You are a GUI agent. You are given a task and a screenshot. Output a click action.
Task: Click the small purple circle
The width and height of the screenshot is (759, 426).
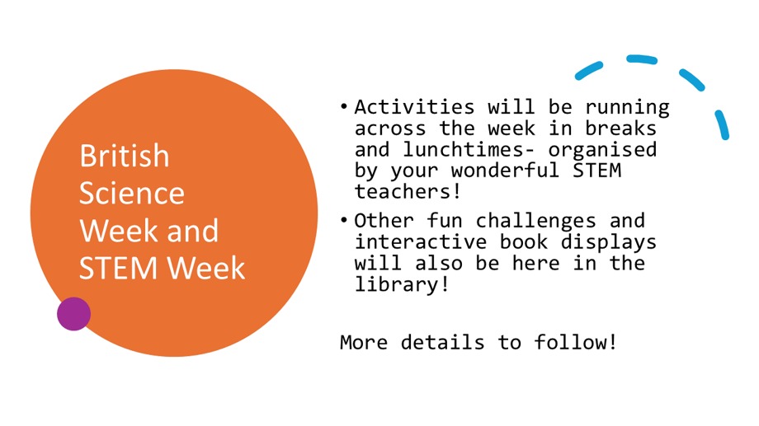pos(73,314)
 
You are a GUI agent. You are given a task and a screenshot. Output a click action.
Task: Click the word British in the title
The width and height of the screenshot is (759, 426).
pos(124,156)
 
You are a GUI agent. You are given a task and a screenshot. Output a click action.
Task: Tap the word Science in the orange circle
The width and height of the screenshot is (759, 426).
pos(131,193)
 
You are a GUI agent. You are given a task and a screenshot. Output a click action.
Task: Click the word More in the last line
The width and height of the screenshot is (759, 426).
pos(363,341)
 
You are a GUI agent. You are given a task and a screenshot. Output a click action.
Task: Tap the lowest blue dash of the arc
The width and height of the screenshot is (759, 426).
pos(722,124)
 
